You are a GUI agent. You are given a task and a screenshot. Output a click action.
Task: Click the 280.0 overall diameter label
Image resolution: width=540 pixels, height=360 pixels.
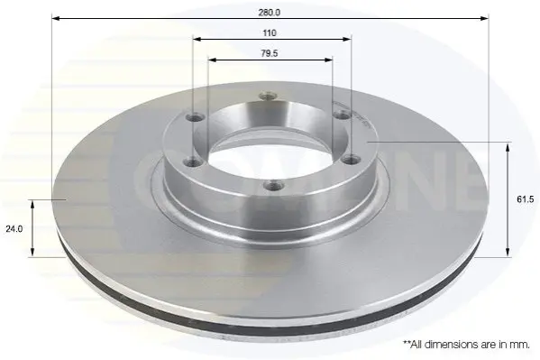pos(270,13)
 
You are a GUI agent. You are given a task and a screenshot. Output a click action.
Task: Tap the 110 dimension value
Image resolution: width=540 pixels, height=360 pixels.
pos(270,33)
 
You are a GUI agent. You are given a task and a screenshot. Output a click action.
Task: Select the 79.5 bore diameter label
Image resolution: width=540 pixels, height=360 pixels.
pos(270,53)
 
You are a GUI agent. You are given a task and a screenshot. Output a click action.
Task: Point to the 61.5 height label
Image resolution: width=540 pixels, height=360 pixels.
pos(526,199)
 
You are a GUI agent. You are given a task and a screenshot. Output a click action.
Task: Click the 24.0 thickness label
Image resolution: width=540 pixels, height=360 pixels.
pos(14,228)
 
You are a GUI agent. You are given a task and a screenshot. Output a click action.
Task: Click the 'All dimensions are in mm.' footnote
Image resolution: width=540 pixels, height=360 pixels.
pos(466,344)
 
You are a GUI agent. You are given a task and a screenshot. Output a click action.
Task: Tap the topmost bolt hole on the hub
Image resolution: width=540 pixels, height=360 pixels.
pos(268,96)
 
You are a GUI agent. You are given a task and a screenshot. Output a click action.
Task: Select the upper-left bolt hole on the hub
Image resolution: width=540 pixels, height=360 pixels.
pos(196,118)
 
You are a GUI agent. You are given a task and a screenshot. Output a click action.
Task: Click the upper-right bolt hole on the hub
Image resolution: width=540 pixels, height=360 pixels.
pos(342,115)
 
